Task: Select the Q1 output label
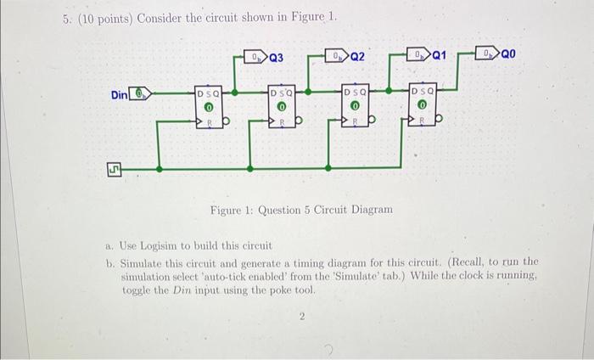[440, 58]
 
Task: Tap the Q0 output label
[507, 56]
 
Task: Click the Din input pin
[143, 94]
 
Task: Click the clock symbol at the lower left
[111, 170]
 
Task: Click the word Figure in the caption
[228, 209]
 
